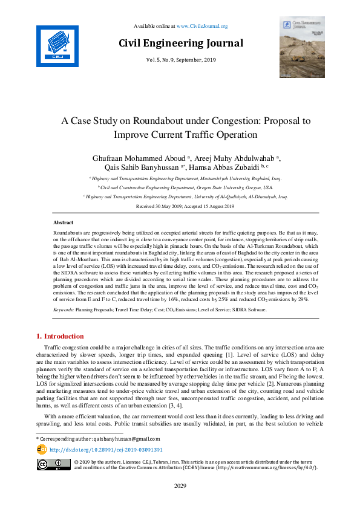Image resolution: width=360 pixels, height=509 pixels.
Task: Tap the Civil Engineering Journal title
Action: tap(180, 44)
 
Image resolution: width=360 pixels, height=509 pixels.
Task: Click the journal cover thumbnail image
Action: tap(301, 47)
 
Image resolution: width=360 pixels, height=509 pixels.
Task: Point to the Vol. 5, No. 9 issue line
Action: tap(180, 60)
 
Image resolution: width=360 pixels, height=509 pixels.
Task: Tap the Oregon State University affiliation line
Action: tap(180, 187)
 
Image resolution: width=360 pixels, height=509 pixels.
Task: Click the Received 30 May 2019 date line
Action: tap(180, 207)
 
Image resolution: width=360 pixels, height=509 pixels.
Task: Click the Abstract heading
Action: tap(63, 223)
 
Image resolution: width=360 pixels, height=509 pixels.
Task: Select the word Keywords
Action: tap(64, 309)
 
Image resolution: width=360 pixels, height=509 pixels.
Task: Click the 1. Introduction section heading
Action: tap(61, 336)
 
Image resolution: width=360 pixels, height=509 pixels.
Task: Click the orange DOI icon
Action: tap(42, 450)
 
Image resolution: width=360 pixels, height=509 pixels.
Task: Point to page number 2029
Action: tap(180, 485)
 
